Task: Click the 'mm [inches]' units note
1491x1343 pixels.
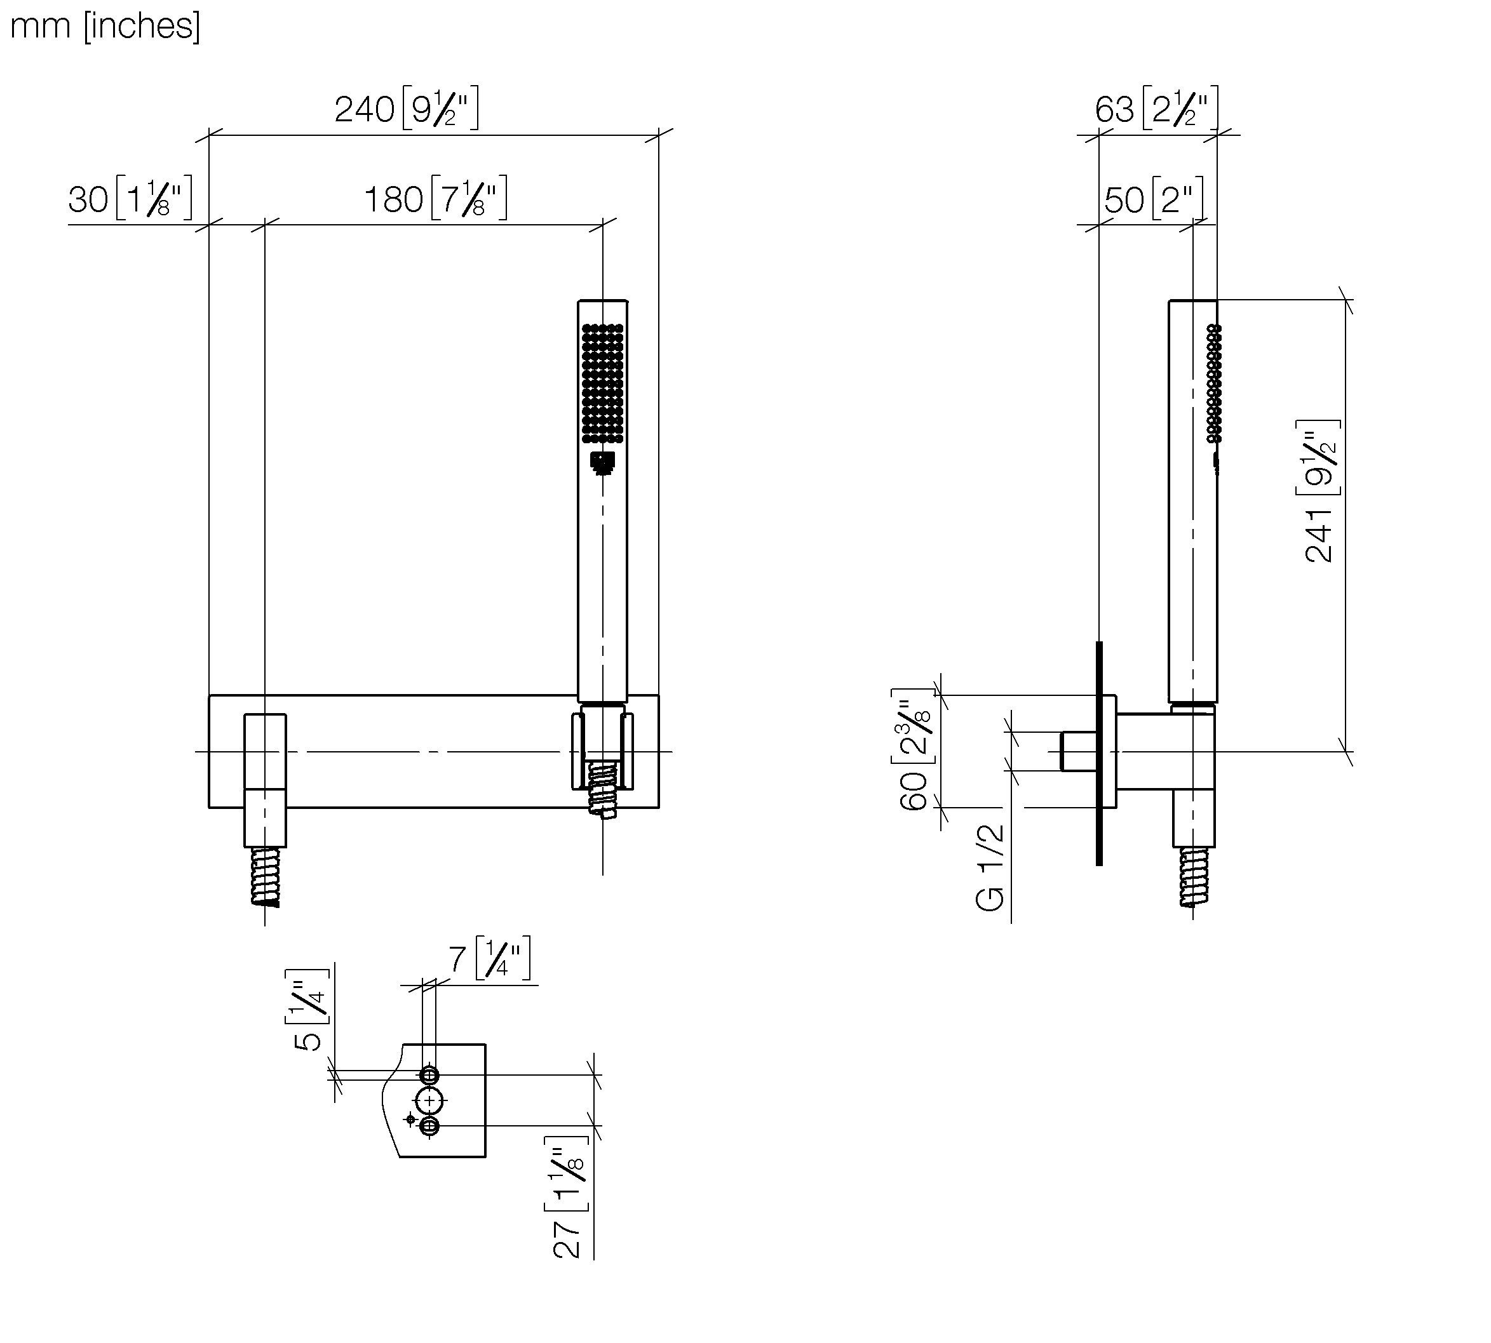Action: coord(105,27)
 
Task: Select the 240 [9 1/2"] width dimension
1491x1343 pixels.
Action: coord(406,109)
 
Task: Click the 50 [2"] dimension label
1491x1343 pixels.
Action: coord(1154,199)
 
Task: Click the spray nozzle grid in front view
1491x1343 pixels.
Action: coord(602,384)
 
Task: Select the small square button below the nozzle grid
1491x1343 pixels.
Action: coord(603,464)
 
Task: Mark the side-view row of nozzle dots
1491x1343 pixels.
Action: coord(1213,384)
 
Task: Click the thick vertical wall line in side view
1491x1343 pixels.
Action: coord(1099,752)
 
